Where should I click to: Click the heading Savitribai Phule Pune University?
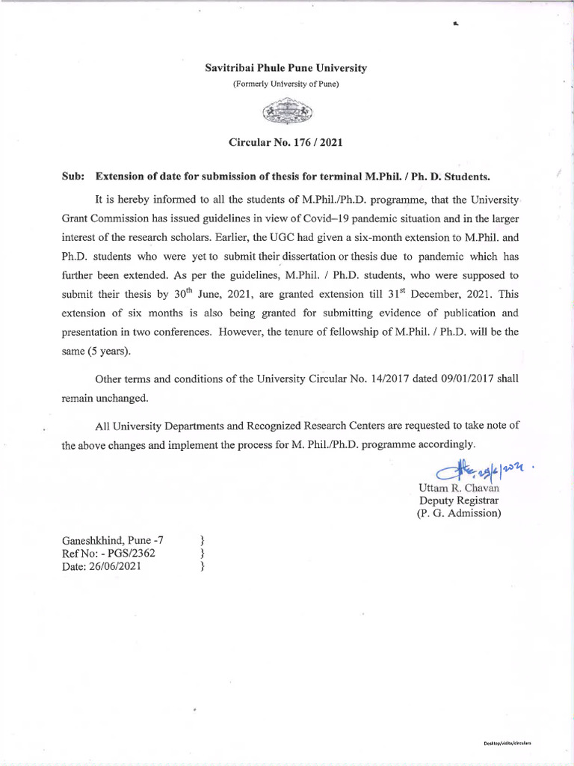click(286, 68)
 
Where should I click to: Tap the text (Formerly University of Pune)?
click(286, 84)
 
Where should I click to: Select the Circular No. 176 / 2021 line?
click(286, 141)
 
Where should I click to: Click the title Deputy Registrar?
click(458, 500)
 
